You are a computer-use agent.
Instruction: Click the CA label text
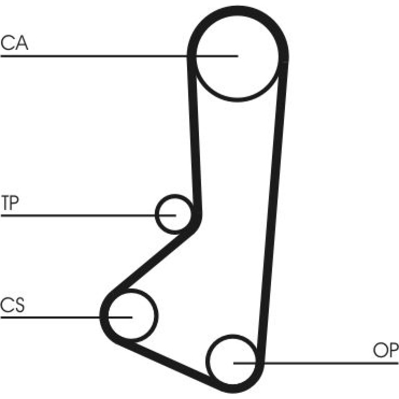click(15, 42)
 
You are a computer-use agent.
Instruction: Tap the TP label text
click(10, 203)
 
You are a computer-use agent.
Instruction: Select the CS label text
click(13, 305)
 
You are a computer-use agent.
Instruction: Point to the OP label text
click(385, 350)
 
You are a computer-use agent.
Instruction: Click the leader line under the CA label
click(119, 56)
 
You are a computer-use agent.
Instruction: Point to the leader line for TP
click(88, 216)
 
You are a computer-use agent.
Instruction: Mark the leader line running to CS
click(66, 317)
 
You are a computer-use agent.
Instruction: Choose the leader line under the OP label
click(316, 363)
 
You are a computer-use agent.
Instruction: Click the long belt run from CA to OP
click(273, 211)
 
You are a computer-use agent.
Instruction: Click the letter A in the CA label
click(21, 42)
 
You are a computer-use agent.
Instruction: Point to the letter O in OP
click(379, 350)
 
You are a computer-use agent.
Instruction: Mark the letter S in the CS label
click(19, 305)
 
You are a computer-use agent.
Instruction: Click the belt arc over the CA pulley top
click(237, 10)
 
